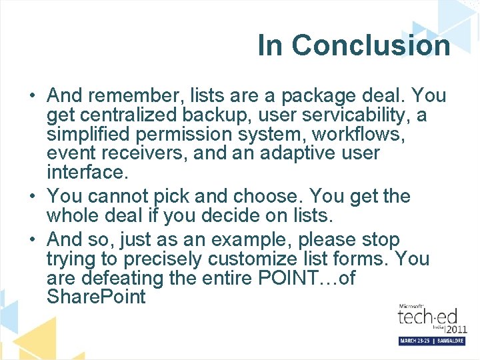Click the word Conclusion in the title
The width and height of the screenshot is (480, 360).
click(371, 45)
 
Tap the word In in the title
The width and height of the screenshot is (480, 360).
click(271, 45)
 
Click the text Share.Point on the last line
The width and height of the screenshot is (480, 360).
click(96, 297)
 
